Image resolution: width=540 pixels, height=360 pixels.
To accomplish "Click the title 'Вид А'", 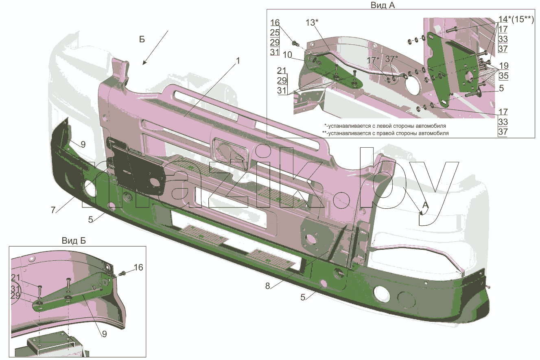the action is pos(383,5).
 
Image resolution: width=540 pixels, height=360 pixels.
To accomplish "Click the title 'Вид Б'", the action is pos(74,241).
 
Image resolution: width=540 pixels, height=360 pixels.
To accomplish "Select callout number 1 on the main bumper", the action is pos(238,61).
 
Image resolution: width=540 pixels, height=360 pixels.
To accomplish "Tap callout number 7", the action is pos(53,210).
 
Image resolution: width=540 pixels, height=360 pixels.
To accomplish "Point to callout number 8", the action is pos(268,286).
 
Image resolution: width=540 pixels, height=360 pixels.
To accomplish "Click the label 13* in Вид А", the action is pos(312,23).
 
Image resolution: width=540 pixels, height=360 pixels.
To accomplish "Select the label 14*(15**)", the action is pos(516,19).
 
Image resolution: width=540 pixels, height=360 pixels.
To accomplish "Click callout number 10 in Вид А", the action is pos(287,55).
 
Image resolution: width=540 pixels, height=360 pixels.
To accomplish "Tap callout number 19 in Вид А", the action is pos(504,65).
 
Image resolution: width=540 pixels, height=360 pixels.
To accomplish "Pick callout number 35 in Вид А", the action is pos(504,76).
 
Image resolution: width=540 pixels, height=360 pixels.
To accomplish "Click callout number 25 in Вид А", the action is pos(275,33).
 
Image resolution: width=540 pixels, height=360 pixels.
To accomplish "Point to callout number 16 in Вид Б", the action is pos(138,267).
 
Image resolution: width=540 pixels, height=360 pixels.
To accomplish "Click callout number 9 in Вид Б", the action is pos(105,334).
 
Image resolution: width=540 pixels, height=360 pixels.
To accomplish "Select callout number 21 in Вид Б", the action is pos(16,277).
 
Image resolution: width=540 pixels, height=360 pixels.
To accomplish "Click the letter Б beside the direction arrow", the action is pos(142,39).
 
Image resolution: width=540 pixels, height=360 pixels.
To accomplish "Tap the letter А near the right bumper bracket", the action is pos(425,205).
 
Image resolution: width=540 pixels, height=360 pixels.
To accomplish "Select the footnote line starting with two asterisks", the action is pos(385,133).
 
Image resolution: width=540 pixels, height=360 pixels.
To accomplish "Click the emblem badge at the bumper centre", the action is pos(230,153).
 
